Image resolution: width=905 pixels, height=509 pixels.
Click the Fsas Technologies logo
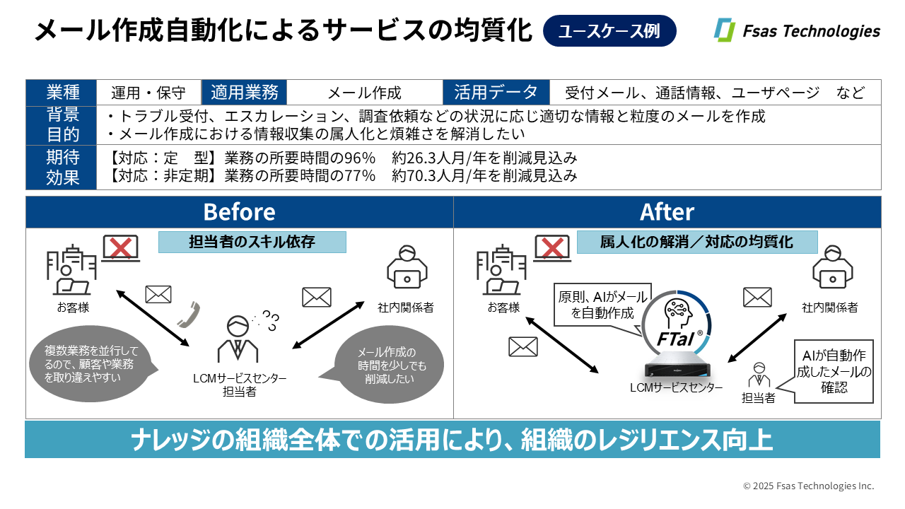point(797,31)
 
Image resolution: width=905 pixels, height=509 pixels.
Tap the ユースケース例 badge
point(609,31)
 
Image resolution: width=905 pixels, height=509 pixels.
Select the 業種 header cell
point(62,93)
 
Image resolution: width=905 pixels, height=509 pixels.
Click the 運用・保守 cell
point(148,93)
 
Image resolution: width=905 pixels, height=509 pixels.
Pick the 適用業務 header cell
point(244,93)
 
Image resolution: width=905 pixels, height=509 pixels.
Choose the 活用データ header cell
point(496,93)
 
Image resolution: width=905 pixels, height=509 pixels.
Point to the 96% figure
point(356,158)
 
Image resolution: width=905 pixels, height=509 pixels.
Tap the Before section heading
point(239,212)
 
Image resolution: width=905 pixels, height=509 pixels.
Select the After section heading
point(667,212)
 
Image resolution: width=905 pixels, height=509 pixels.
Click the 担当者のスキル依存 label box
point(252,242)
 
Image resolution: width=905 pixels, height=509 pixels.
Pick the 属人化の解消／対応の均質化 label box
point(696,242)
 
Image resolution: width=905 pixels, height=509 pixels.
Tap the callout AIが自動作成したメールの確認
point(834,370)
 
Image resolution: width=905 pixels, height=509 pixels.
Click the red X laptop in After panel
point(552,249)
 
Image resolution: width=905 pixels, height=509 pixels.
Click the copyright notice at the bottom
point(808,486)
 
